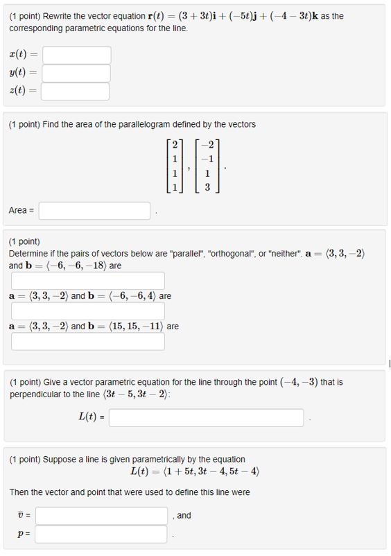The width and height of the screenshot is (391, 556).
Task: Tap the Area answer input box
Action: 99,210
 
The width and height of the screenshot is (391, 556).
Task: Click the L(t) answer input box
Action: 207,418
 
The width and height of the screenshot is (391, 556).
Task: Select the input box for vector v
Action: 101,516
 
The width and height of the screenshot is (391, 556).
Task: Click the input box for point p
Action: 101,534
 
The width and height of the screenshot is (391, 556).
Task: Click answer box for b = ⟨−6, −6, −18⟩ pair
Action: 87,281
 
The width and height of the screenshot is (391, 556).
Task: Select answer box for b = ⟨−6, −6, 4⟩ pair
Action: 87,311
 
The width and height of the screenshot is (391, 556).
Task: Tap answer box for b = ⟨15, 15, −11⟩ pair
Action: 87,342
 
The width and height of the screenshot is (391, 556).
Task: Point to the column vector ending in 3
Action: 207,168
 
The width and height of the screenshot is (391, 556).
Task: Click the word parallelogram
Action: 148,125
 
